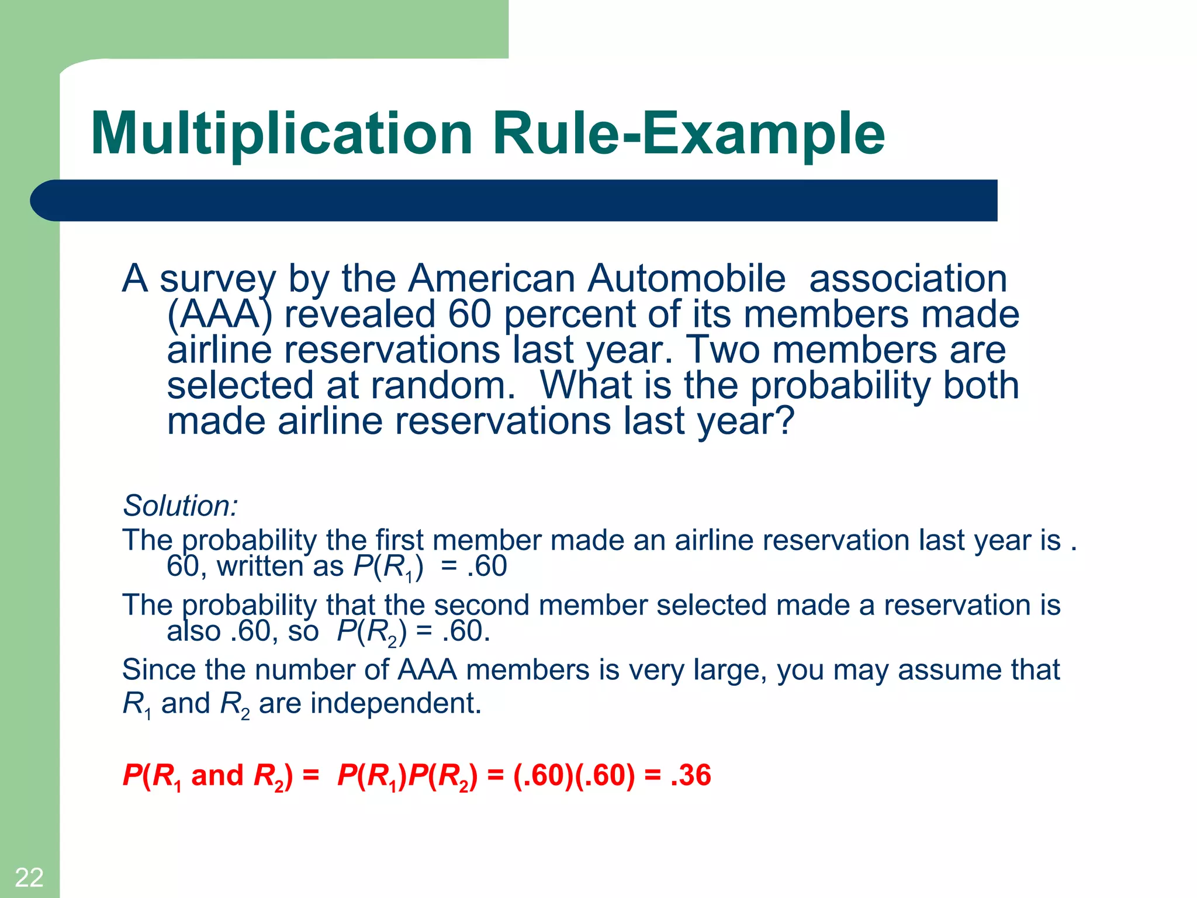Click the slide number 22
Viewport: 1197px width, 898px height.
coord(29,878)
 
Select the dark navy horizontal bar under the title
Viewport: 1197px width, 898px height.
coord(514,201)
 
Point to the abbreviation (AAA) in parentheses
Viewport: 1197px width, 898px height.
coord(220,315)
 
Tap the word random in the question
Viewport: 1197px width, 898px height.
coord(442,385)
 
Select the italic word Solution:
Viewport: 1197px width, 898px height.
coord(180,506)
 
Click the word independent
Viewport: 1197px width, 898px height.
coord(396,703)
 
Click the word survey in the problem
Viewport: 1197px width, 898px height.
coord(217,279)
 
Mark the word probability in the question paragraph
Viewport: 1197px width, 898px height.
coord(841,386)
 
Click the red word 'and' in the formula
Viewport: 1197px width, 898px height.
coord(217,775)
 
